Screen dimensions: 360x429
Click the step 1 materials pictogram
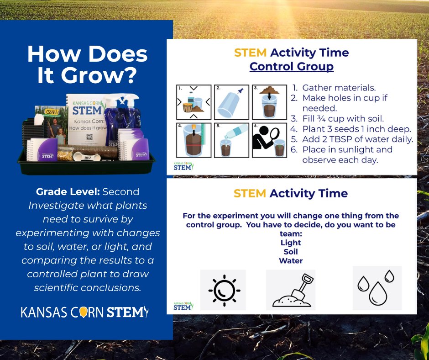tap(194, 101)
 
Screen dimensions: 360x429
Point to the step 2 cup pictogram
tap(232, 101)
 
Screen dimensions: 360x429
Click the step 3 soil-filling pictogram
tap(270, 101)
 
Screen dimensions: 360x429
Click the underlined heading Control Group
tap(291, 67)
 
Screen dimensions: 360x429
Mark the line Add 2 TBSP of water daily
tap(357, 139)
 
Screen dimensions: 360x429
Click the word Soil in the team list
tap(291, 252)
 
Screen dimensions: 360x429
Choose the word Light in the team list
tap(291, 243)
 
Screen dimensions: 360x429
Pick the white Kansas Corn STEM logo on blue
tap(85, 312)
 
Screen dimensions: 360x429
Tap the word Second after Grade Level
tap(121, 192)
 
